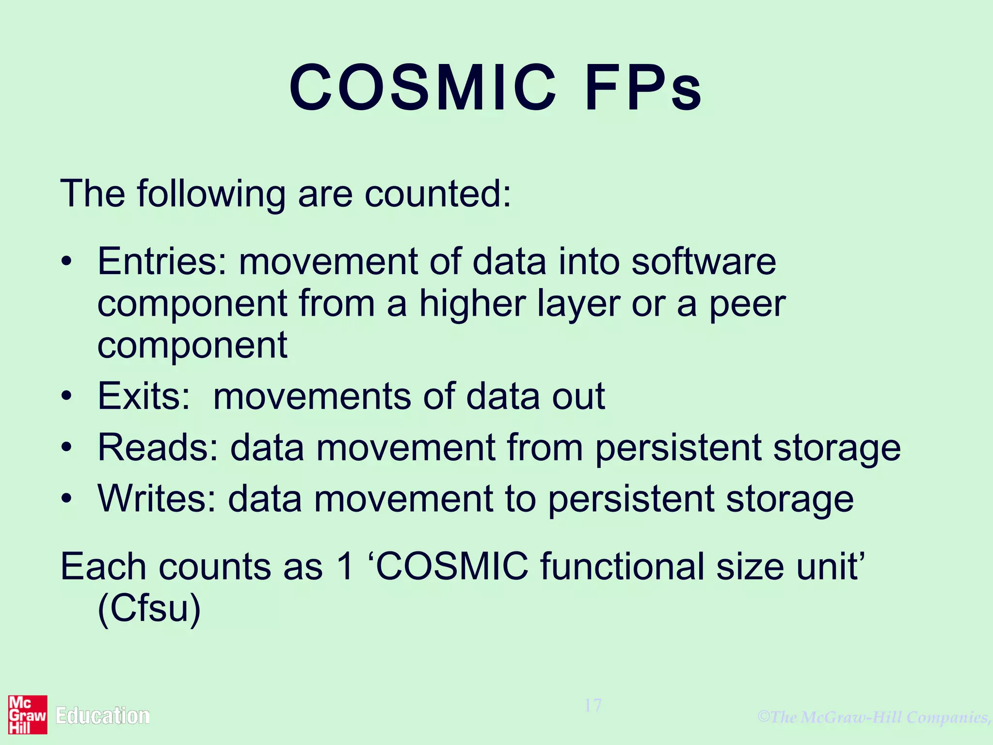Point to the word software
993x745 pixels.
click(704, 262)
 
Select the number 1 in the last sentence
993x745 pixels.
click(345, 567)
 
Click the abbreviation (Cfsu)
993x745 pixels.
click(149, 609)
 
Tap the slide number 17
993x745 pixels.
click(593, 705)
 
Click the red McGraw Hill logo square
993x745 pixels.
click(28, 714)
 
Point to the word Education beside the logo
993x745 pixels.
click(103, 716)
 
